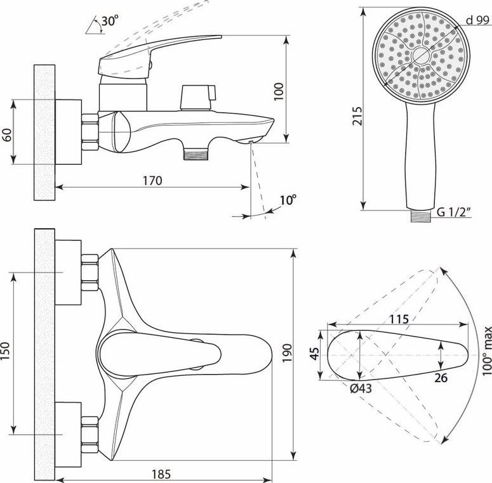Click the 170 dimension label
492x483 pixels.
152,181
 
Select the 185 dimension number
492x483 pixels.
161,474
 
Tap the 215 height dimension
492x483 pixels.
357,116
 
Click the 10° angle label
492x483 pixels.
288,200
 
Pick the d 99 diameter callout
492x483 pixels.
477,20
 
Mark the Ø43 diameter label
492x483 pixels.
361,389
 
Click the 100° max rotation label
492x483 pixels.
487,351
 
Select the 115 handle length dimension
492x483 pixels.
399,319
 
